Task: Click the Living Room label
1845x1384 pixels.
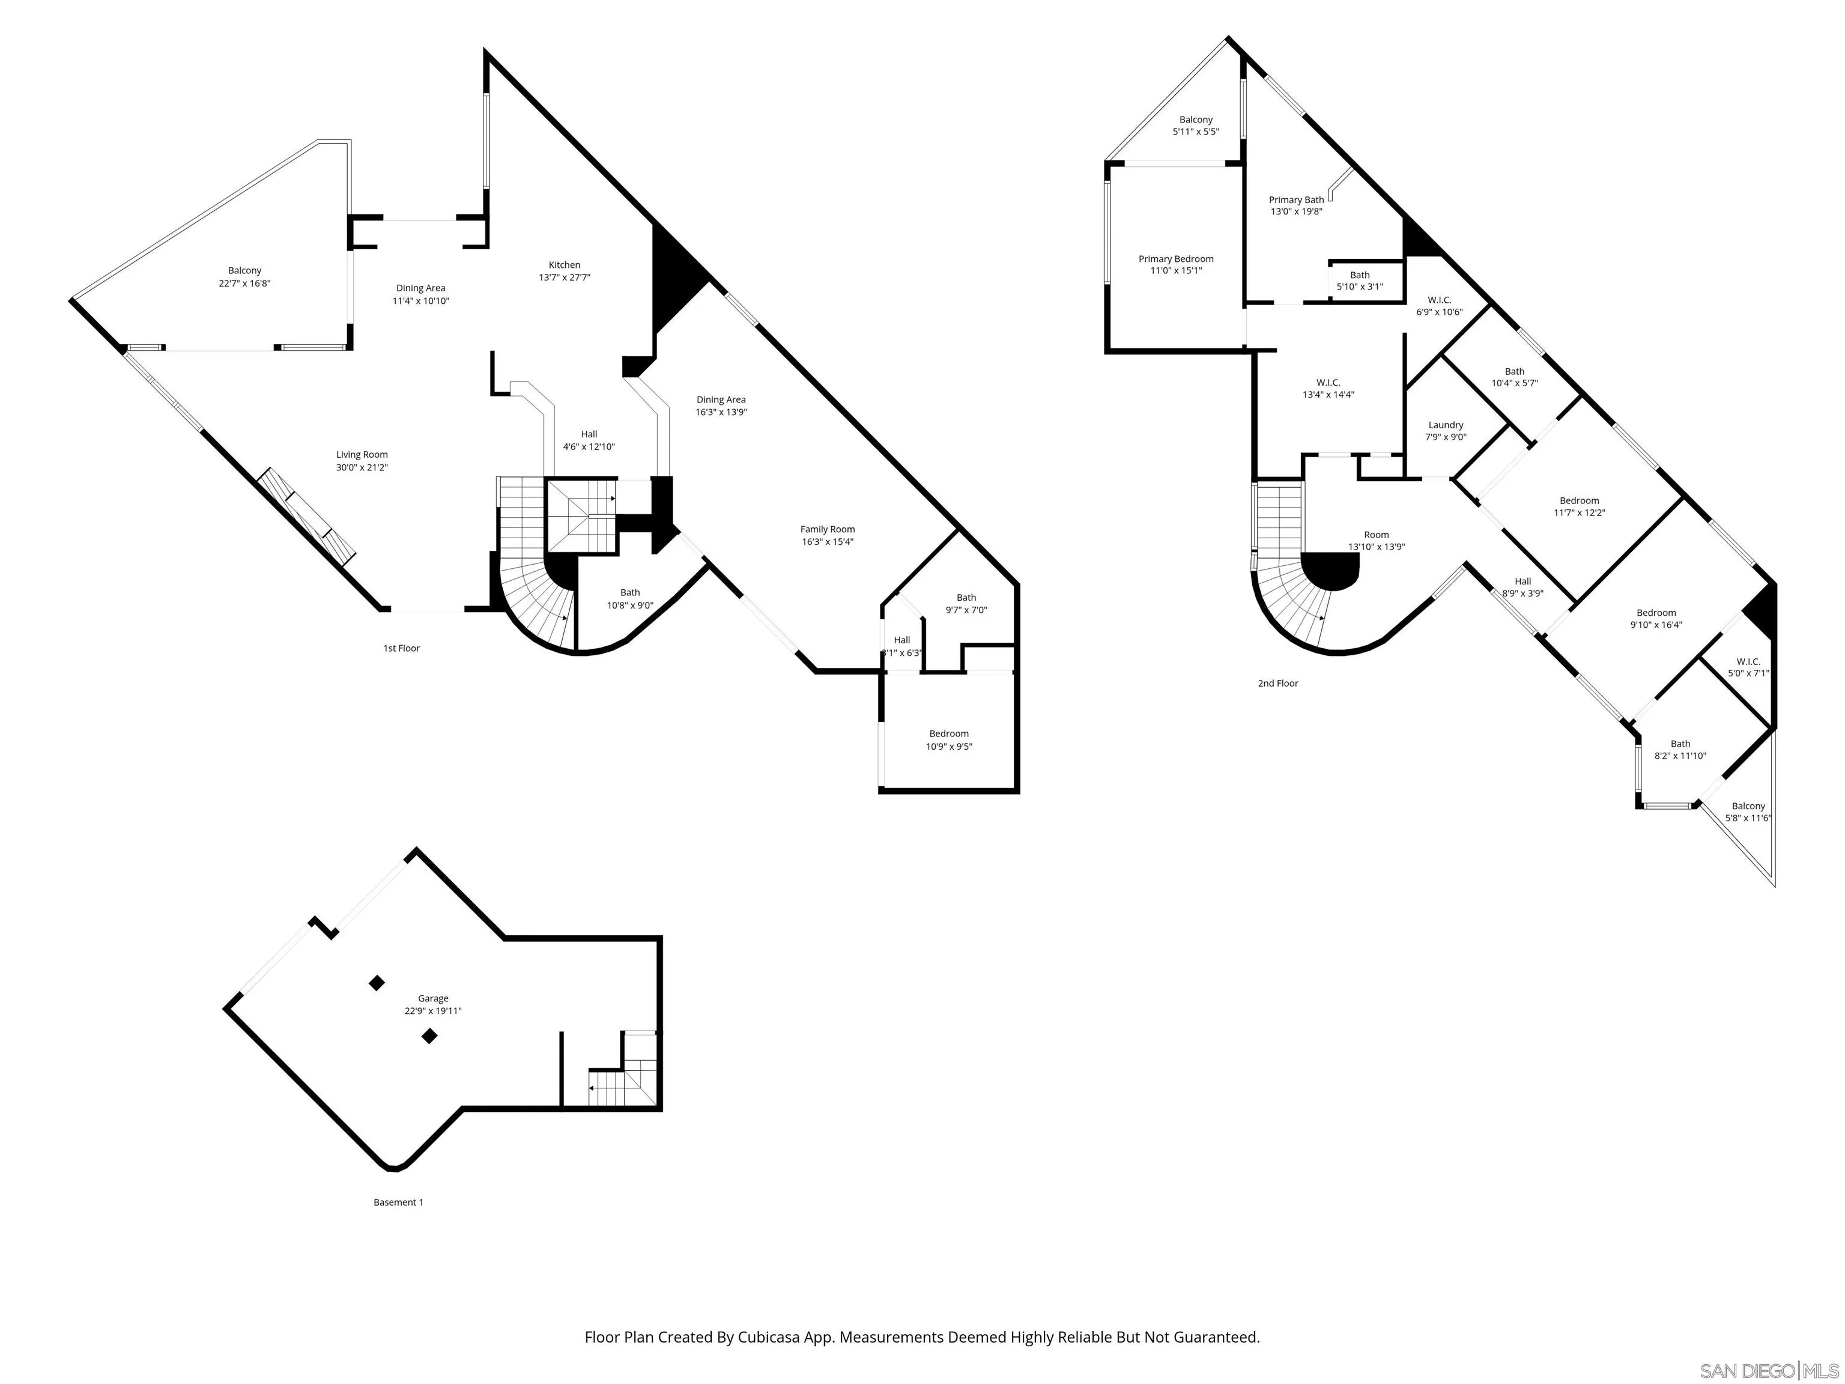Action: (362, 455)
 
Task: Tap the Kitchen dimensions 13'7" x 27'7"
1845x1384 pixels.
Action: (565, 278)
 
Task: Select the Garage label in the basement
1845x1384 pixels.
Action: (433, 998)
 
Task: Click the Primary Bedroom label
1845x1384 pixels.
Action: (1176, 259)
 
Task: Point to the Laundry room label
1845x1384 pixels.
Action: (1446, 425)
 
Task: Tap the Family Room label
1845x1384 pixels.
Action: (828, 529)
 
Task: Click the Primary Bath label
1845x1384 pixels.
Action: (1296, 199)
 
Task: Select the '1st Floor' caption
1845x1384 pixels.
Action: (401, 648)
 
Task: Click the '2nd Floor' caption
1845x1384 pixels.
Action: (1278, 683)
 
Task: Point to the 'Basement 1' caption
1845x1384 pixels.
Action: (398, 1202)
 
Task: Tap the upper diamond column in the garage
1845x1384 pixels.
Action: (377, 983)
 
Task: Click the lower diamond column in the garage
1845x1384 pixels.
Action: (429, 1036)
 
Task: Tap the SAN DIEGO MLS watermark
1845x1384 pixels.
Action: (1768, 1371)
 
